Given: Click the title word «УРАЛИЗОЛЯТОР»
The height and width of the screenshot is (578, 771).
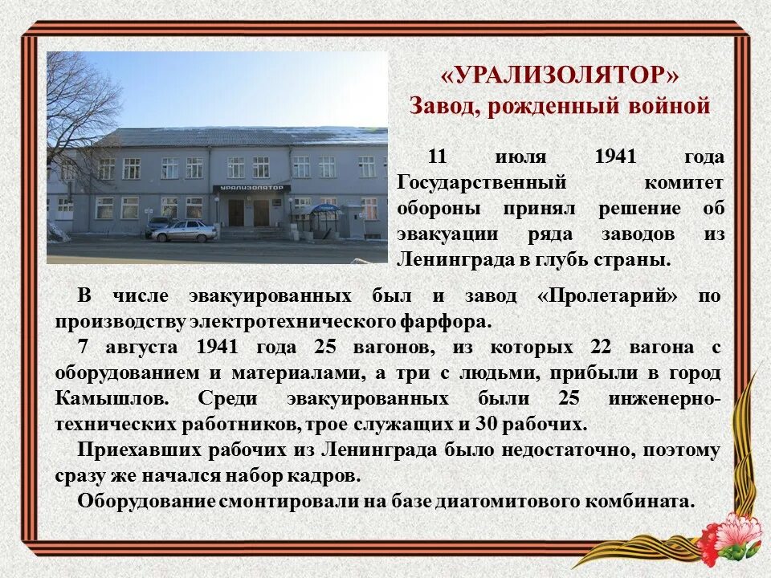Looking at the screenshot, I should click(x=560, y=75).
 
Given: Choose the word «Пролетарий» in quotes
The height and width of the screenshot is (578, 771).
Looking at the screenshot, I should click(x=607, y=295).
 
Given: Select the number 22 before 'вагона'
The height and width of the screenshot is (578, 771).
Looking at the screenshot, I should click(x=600, y=348).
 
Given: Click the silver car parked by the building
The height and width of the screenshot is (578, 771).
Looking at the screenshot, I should click(x=185, y=231).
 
